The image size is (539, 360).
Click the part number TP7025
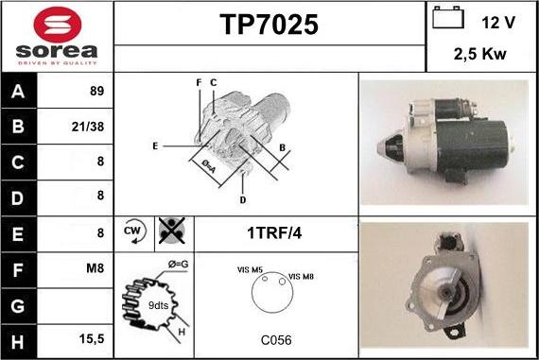pos(269,25)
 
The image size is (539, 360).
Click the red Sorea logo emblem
pos(58,25)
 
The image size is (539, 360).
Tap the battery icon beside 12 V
pos(448,18)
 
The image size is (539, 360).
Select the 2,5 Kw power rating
pos(479,54)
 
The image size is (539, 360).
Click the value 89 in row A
pos(97,91)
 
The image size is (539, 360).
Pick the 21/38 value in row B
pos(88,127)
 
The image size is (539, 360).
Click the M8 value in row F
pos(95,268)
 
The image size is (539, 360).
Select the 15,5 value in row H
pos(92,338)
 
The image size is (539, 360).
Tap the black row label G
pos(18,306)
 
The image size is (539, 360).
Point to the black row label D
pos(18,198)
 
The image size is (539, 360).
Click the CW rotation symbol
pos(134,231)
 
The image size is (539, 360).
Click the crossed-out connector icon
pos(172,231)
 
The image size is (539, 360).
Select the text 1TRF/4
pos(274,233)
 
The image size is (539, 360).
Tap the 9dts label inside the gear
pos(158,305)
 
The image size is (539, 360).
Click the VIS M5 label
pos(250,270)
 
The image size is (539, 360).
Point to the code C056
pos(276,340)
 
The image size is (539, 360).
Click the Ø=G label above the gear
pos(178,265)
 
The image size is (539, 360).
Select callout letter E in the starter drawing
pos(155,146)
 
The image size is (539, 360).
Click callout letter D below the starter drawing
pos(243,200)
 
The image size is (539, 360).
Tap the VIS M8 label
pos(301,277)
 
